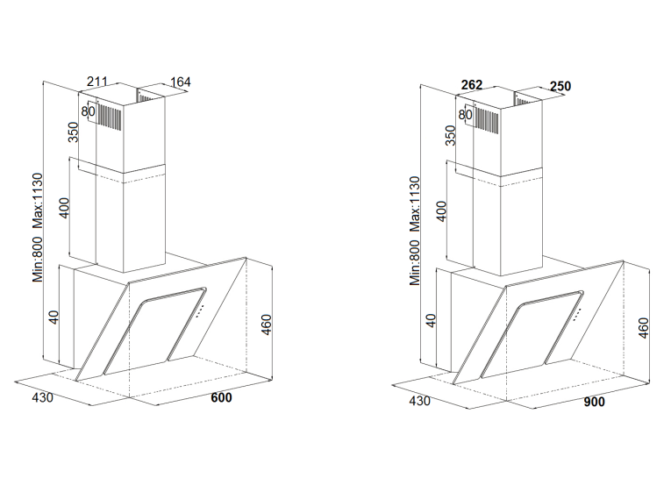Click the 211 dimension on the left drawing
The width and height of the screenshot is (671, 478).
coord(97,82)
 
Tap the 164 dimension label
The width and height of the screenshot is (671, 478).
coord(181,82)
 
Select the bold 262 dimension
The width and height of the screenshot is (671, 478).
coord(472,85)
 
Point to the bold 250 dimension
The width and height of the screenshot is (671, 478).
coord(560,87)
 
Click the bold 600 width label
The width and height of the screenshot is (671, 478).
coord(221,397)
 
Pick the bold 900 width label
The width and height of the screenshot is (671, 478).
coord(595,402)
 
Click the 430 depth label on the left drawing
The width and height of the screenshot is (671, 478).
coord(43,397)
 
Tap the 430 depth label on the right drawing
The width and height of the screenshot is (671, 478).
coord(420,401)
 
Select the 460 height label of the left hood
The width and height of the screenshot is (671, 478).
coord(266,325)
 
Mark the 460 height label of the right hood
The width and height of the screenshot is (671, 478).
coord(643,328)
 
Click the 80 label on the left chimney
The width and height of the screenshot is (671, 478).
coord(88,111)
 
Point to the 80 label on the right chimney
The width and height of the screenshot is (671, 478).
coord(465,115)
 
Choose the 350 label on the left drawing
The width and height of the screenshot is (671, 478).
coord(74,132)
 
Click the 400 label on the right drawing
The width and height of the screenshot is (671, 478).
coord(442,211)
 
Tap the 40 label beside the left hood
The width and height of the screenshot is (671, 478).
coord(54,317)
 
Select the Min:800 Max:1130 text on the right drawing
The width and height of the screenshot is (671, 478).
coord(415,231)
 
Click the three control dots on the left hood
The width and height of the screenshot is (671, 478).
coord(200,311)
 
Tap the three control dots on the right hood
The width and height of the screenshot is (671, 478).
coord(577,314)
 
